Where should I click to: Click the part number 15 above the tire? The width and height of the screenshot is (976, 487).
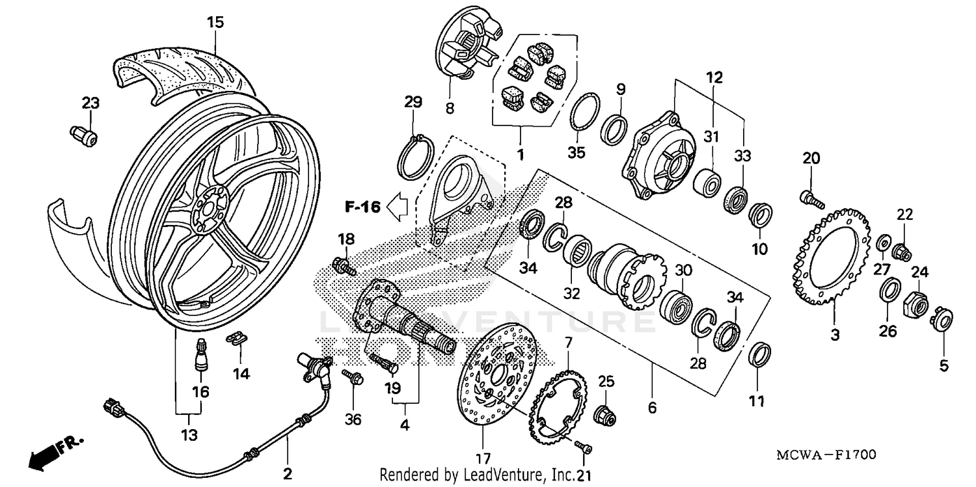[215, 22]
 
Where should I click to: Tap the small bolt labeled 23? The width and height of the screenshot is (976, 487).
[83, 136]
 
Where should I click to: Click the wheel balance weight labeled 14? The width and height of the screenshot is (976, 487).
[237, 339]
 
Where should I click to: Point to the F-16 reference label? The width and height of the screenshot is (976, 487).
[362, 207]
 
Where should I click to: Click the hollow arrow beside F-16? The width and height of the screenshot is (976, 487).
[397, 207]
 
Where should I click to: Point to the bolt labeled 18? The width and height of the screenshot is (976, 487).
[343, 265]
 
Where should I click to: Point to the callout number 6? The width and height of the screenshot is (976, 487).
[652, 408]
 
